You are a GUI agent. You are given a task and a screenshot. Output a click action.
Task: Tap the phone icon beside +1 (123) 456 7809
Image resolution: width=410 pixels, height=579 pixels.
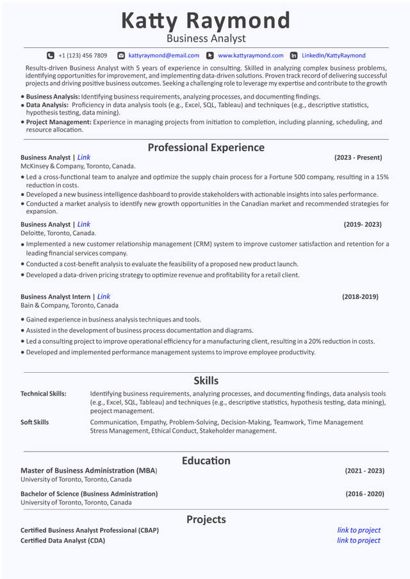(51, 56)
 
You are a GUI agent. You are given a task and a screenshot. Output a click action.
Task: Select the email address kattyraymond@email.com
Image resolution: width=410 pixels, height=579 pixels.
(163, 56)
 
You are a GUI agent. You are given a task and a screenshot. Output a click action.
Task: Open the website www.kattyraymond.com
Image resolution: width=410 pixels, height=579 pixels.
(250, 56)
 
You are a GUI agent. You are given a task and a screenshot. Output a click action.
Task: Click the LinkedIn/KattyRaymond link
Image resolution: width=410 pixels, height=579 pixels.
(333, 56)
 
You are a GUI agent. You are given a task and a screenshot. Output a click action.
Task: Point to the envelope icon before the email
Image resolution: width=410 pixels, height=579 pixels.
(121, 56)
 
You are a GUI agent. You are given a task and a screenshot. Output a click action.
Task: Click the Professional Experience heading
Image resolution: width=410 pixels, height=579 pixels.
(206, 147)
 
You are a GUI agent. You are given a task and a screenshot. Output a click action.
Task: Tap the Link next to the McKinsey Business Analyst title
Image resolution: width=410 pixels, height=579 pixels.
(84, 158)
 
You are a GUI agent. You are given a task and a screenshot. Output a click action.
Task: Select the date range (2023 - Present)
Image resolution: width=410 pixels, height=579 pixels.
(358, 158)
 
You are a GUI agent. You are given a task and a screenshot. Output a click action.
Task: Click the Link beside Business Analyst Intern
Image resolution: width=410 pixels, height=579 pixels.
(104, 297)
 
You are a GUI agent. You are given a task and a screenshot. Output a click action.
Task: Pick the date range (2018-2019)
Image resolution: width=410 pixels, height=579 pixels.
(360, 297)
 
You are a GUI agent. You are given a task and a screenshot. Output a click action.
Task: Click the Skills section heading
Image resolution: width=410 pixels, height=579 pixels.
(206, 380)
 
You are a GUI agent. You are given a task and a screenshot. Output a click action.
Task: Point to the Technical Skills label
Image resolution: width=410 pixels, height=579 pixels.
(44, 394)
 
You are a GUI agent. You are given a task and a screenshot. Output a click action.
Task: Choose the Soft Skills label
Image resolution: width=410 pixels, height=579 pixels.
(35, 422)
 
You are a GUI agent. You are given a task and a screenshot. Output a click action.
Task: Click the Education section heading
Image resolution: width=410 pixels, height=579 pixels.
(206, 461)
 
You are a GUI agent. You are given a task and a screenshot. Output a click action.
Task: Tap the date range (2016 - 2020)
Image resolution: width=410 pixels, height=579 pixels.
(364, 494)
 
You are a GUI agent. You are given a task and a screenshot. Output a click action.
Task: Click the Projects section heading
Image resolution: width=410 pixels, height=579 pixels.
(206, 519)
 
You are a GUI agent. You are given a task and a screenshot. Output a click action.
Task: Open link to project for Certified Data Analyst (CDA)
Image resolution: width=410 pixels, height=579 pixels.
(359, 541)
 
